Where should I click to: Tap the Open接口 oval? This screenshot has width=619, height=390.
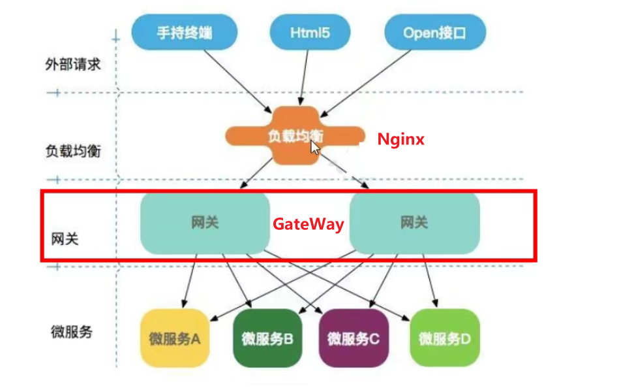click(434, 31)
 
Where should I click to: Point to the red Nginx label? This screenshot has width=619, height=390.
click(401, 139)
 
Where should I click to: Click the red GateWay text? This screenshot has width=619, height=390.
click(308, 224)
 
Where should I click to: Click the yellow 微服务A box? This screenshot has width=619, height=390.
click(175, 338)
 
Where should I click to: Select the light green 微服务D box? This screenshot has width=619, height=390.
click(445, 338)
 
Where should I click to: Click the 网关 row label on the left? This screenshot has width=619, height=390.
click(65, 238)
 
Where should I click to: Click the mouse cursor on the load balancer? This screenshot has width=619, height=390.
click(315, 146)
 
